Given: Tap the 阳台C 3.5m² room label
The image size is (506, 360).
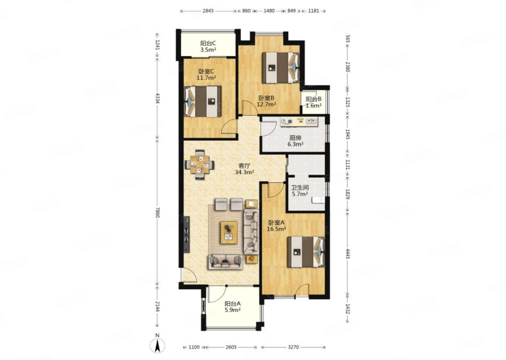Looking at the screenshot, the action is (208, 46).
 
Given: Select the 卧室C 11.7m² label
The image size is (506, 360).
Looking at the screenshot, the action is (206, 75).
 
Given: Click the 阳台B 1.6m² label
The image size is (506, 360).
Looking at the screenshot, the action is (313, 102).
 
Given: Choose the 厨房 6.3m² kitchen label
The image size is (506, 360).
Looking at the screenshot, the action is (296, 141).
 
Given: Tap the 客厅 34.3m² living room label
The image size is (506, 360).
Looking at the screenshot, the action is (245, 169).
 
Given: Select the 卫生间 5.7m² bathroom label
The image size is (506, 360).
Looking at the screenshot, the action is (300, 191).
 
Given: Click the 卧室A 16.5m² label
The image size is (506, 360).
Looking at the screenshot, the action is (277, 226).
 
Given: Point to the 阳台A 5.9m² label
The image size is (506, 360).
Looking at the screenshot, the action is (233, 307).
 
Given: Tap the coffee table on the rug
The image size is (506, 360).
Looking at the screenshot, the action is (229, 233).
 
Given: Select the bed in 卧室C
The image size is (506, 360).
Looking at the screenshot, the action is (202, 102).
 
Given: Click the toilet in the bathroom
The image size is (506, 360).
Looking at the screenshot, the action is (318, 200).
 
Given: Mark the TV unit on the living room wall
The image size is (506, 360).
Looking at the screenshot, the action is (186, 234).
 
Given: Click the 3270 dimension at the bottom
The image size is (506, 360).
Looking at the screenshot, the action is (293, 347).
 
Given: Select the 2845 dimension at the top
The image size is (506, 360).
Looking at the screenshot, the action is (208, 11).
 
